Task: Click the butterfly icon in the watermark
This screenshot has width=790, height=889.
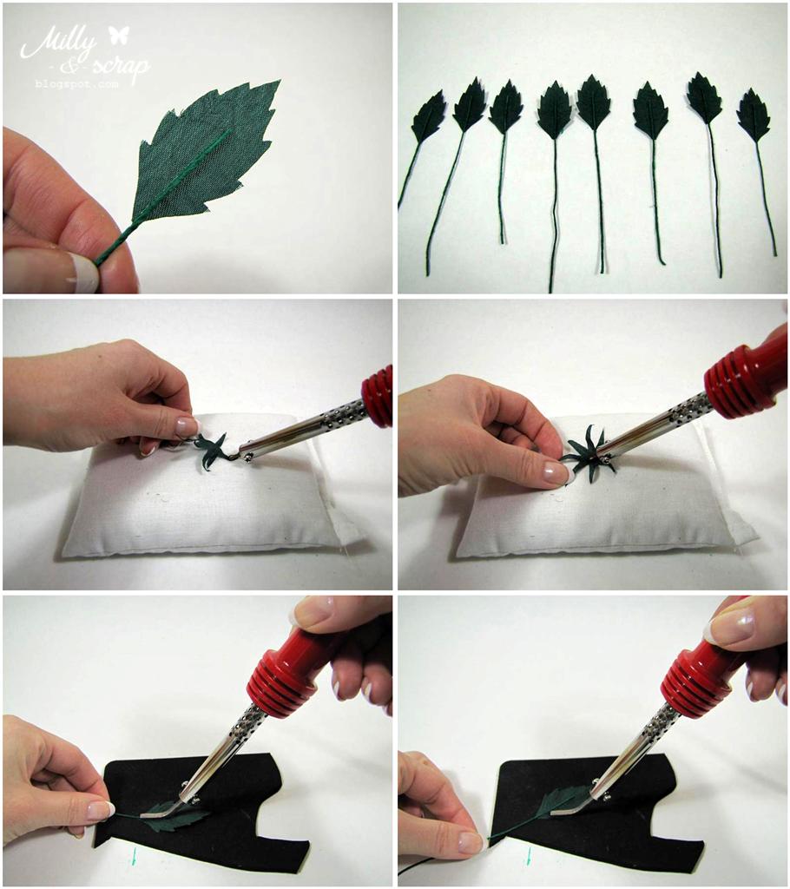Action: [x=119, y=35]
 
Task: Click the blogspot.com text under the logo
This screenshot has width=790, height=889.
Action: [x=77, y=84]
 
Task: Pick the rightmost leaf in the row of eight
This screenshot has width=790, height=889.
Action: [x=754, y=115]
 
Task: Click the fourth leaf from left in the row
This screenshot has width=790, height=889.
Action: [x=556, y=110]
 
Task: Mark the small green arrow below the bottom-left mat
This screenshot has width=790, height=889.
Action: [x=134, y=856]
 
